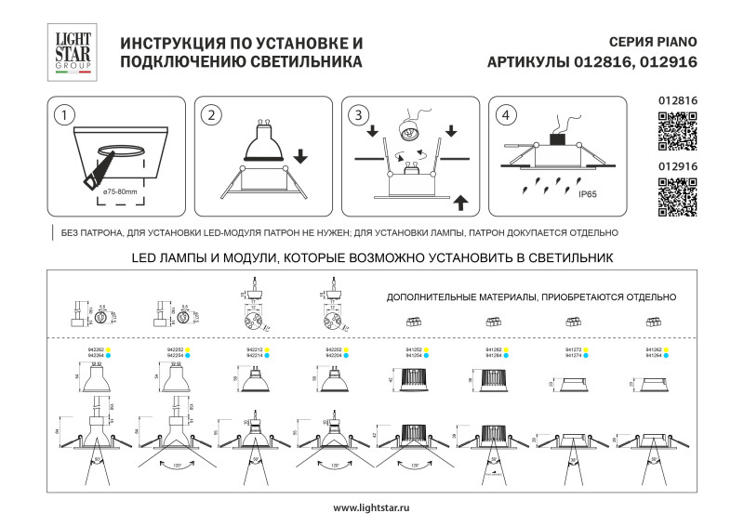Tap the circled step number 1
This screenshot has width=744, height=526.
[x=63, y=116]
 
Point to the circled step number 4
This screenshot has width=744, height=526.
[x=505, y=116]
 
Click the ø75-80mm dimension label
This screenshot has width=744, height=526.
[x=120, y=191]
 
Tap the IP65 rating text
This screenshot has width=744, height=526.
[x=587, y=195]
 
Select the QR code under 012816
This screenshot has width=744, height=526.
[x=677, y=130]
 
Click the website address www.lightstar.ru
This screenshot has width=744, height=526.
[x=371, y=507]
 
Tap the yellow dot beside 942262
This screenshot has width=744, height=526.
[x=109, y=349]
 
